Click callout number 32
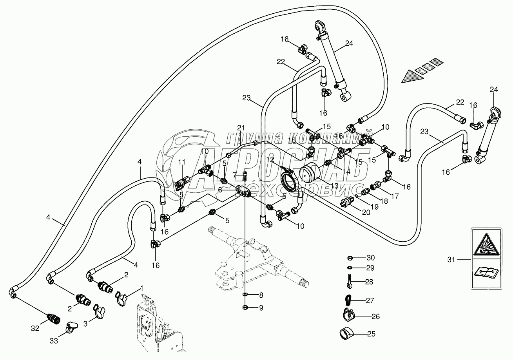tap(35, 329)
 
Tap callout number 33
tap(54, 341)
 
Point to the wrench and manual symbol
tap(486, 272)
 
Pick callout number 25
tap(371, 334)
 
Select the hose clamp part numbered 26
tap(346, 315)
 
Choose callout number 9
tap(261, 308)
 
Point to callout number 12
tap(270, 159)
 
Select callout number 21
tap(241, 127)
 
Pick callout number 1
tap(142, 288)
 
